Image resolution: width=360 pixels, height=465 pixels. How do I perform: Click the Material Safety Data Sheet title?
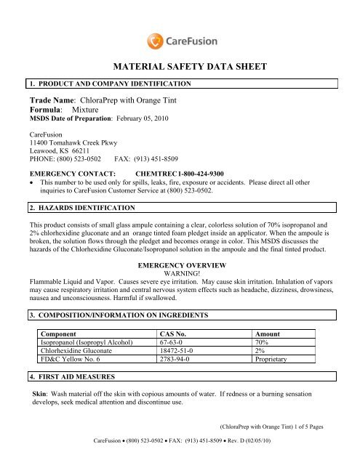(x=180, y=67)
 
